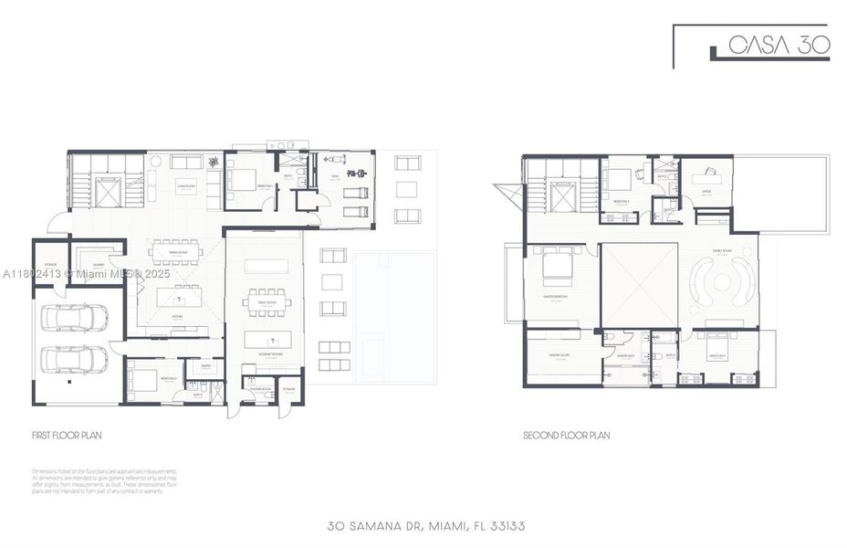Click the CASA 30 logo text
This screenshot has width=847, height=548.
click(779, 46)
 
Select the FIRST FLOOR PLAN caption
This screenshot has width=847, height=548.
click(68, 436)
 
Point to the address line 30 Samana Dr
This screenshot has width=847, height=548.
click(425, 526)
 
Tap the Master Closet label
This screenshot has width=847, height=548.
click(548, 354)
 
